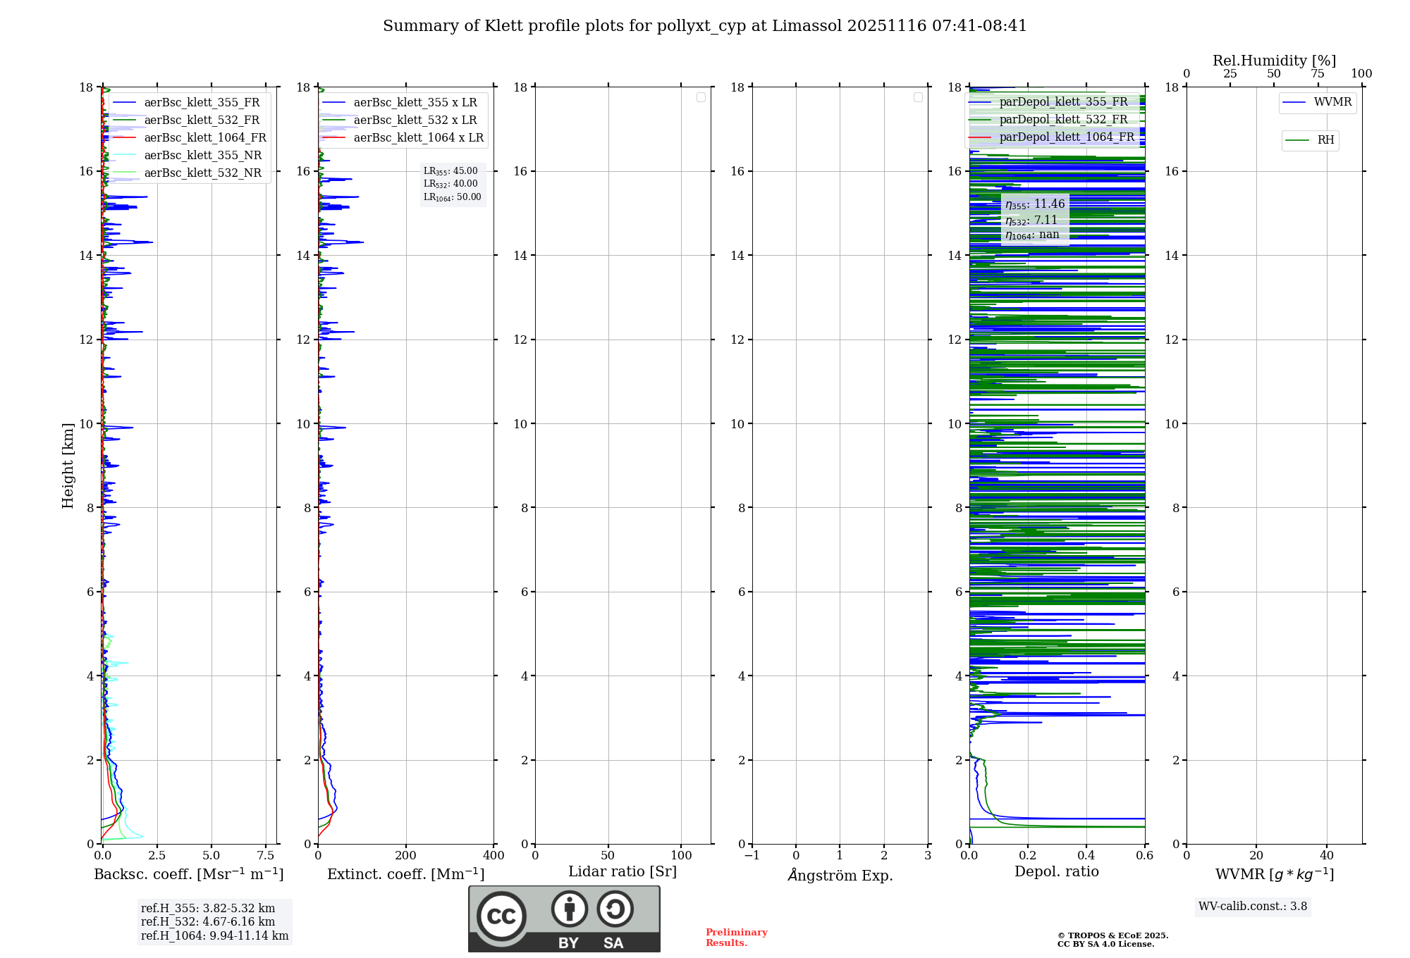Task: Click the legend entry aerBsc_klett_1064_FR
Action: (204, 138)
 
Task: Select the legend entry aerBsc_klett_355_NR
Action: (202, 156)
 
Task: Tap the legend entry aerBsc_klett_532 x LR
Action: (415, 120)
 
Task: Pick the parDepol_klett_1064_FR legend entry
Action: (1066, 137)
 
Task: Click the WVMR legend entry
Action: (1332, 103)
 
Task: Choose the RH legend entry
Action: (1325, 140)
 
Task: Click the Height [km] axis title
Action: (68, 466)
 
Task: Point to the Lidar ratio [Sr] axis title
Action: (622, 872)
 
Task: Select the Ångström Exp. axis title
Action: (840, 876)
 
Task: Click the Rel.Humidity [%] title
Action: (1274, 61)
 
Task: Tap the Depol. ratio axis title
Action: (1056, 872)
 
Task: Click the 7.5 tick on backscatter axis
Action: (266, 856)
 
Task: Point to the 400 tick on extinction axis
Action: (493, 856)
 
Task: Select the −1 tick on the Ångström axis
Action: (752, 856)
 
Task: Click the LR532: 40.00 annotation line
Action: (450, 184)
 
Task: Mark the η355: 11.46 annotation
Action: (1035, 204)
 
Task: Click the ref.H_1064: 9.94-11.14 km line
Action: (214, 936)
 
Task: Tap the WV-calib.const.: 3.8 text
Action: (1252, 907)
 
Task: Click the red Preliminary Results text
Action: (736, 938)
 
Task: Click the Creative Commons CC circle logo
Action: (501, 916)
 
